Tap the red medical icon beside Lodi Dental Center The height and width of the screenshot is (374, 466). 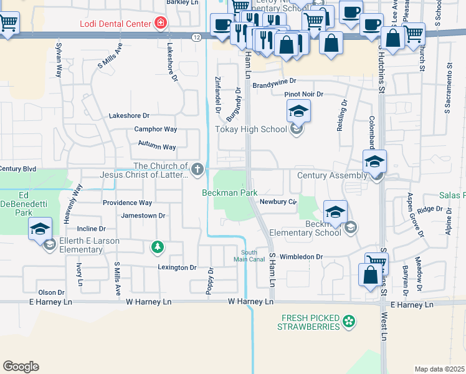tap(161, 24)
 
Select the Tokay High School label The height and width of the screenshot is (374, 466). tap(252, 130)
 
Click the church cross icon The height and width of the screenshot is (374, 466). tap(197, 169)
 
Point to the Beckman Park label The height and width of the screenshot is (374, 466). tap(229, 193)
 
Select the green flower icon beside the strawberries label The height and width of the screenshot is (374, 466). tap(349, 322)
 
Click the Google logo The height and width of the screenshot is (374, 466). tap(21, 367)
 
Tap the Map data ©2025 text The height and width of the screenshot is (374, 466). tap(439, 369)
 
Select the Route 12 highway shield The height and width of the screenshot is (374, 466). tap(196, 37)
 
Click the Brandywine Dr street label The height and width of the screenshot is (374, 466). tap(274, 82)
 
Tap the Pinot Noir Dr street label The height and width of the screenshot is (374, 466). tap(304, 94)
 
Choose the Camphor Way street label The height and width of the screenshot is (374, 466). tap(156, 130)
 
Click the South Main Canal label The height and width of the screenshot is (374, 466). tap(249, 256)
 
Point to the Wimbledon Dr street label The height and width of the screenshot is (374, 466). tap(302, 256)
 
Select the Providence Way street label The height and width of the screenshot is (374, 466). tap(127, 203)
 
